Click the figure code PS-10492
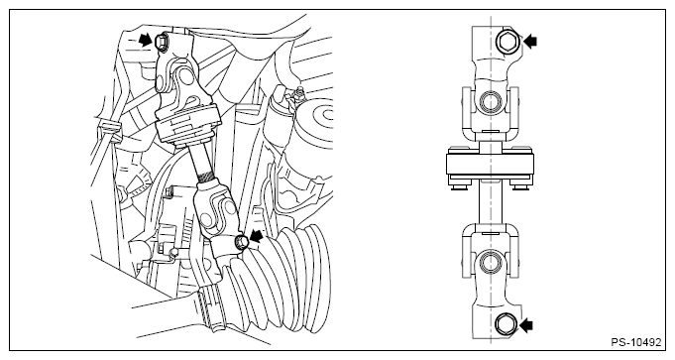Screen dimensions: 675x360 click(635, 342)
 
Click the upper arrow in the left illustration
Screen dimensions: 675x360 click(146, 41)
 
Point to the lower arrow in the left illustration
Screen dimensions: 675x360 click(256, 236)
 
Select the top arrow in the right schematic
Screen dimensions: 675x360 click(530, 42)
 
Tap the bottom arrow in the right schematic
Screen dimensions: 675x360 click(525, 325)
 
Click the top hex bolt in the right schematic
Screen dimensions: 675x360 click(506, 42)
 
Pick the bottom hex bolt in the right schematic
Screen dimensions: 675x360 click(504, 324)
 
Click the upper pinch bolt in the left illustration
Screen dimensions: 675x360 click(161, 42)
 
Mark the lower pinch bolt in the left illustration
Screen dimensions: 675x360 click(241, 242)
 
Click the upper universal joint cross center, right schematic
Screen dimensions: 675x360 click(491, 102)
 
